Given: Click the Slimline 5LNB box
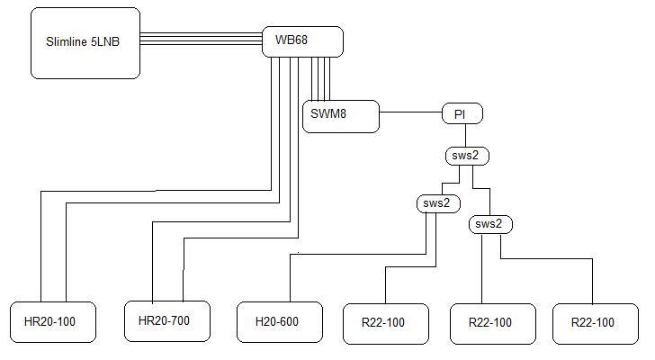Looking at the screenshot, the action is [85, 43].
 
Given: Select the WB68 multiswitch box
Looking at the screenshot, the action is [302, 41].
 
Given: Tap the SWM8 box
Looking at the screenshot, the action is [341, 116].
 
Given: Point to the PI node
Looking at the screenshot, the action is [462, 113].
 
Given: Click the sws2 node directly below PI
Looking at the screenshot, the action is [467, 156].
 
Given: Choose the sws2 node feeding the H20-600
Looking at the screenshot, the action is [439, 203].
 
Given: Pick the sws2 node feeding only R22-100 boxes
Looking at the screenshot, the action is [490, 224].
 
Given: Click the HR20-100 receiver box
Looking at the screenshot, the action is [53, 322].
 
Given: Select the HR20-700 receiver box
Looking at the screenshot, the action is [167, 320].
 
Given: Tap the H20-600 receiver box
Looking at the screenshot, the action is [280, 322].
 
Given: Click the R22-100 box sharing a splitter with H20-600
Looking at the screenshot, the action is [386, 324].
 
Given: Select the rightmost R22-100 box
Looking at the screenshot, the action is [596, 324].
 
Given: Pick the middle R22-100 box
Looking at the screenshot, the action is [493, 324].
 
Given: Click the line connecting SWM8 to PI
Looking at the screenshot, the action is [410, 112].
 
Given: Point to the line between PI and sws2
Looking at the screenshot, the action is [466, 135].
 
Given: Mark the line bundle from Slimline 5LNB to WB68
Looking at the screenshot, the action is [201, 39].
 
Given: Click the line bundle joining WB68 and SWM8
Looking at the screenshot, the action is [321, 78].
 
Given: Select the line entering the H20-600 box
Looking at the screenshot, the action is [358, 254].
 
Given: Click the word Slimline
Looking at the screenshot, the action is [67, 41].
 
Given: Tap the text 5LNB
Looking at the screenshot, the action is [105, 41].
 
